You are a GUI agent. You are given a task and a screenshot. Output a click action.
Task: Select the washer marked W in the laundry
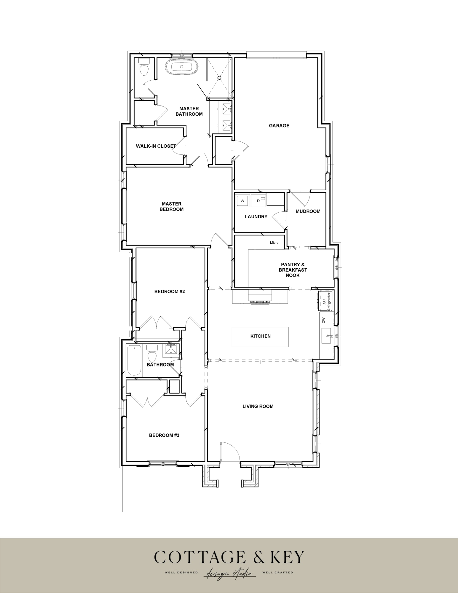pyautogui.click(x=242, y=201)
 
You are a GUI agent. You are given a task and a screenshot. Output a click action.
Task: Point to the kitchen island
pyautogui.click(x=260, y=337)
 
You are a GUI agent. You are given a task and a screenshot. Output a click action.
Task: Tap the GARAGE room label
pyautogui.click(x=279, y=126)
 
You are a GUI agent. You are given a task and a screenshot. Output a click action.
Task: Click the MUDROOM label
pyautogui.click(x=308, y=211)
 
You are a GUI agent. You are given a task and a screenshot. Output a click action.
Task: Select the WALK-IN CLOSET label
pyautogui.click(x=156, y=146)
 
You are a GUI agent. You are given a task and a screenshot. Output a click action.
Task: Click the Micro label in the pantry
pyautogui.click(x=274, y=243)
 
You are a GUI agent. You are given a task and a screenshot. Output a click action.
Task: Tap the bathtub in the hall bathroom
pyautogui.click(x=134, y=361)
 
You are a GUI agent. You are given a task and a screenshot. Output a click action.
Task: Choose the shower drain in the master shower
pyautogui.click(x=219, y=78)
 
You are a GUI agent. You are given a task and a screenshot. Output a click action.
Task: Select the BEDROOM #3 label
pyautogui.click(x=164, y=435)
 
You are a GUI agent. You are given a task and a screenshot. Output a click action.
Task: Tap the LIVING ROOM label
pyautogui.click(x=258, y=406)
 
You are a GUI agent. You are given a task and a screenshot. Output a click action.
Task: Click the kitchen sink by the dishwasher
pyautogui.click(x=326, y=336)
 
